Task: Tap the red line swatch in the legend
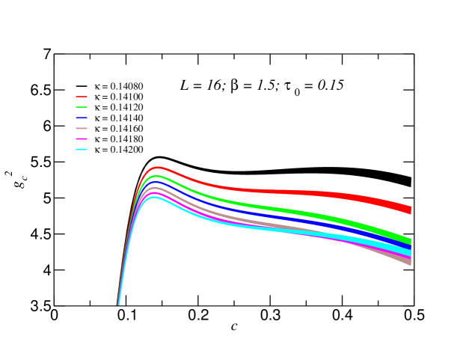82,97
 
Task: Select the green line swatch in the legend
82,108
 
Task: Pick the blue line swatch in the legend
82,118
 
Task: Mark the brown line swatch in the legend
82,129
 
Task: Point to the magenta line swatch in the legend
82,139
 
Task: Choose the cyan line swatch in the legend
82,150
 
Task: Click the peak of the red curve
157,168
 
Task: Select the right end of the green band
410,240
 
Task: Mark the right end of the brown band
410,261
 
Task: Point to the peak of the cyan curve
155,198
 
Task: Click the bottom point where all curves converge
118,304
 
